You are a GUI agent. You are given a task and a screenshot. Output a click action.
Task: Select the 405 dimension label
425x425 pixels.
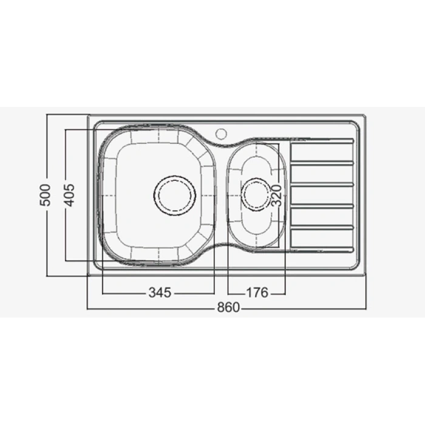[x=69, y=194]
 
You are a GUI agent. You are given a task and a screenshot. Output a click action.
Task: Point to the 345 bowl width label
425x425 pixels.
[x=159, y=293]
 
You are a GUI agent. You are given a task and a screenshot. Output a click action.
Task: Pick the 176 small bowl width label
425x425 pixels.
[x=257, y=293]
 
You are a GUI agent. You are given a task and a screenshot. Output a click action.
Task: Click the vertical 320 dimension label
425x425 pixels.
[x=276, y=194]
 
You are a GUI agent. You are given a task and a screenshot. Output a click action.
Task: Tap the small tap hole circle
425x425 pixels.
[x=221, y=132]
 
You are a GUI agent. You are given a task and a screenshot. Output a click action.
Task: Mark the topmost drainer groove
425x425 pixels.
[x=322, y=141]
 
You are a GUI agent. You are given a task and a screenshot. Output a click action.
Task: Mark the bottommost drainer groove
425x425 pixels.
[x=322, y=248]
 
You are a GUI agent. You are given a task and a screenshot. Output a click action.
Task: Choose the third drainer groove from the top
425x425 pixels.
[x=322, y=184]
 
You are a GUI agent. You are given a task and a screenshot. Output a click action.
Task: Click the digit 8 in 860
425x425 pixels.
[x=220, y=308]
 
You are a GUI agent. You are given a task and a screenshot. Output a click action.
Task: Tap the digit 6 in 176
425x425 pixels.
[x=264, y=293]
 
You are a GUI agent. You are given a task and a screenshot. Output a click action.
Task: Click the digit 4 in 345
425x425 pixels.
[x=159, y=293]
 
